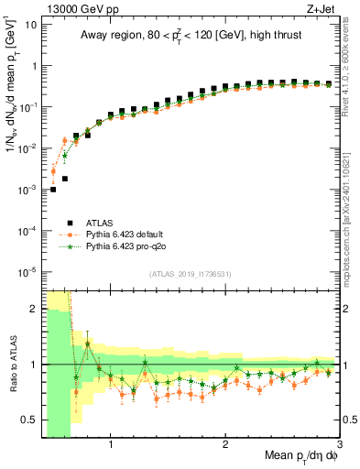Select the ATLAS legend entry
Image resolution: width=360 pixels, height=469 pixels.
point(101,222)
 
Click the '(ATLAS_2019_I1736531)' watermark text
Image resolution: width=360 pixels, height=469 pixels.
point(189,273)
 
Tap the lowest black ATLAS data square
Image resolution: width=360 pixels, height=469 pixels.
point(53,190)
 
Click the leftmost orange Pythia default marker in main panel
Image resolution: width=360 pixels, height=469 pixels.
point(53,171)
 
